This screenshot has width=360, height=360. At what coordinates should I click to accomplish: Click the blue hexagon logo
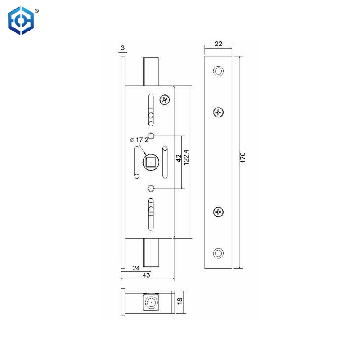pyautogui.click(x=21, y=20)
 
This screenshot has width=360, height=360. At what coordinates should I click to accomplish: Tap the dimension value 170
pyautogui.click(x=243, y=157)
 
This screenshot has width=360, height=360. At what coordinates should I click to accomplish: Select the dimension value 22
pyautogui.click(x=218, y=44)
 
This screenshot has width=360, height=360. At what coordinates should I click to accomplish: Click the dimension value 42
pyautogui.click(x=179, y=158)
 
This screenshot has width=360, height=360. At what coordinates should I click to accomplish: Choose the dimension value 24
pyautogui.click(x=136, y=268)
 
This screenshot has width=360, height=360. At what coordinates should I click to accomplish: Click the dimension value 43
pyautogui.click(x=146, y=275)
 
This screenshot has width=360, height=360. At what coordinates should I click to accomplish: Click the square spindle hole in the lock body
pyautogui.click(x=151, y=162)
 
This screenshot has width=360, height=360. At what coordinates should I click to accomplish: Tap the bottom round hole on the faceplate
pyautogui.click(x=218, y=252)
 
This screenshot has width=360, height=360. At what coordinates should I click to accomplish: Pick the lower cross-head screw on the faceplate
pyautogui.click(x=218, y=211)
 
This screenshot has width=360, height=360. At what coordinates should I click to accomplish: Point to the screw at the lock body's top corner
pyautogui.click(x=165, y=100)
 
